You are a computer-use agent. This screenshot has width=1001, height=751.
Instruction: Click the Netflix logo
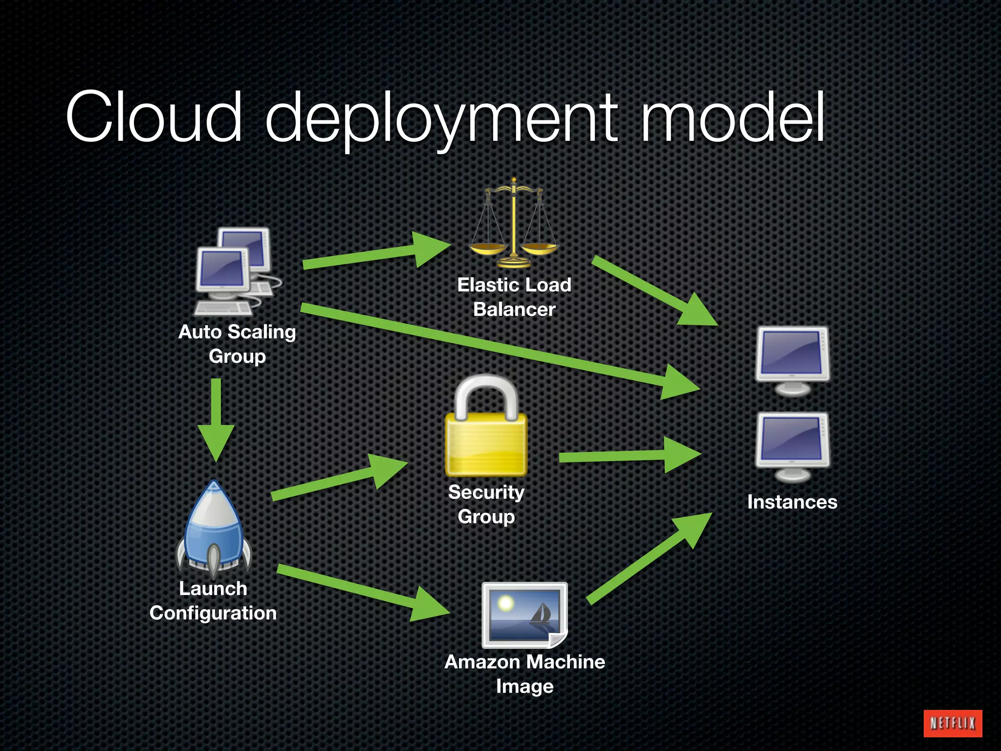[952, 723]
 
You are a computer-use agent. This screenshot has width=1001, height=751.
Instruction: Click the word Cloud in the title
[154, 117]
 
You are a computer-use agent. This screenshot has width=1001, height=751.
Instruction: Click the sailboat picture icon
[524, 615]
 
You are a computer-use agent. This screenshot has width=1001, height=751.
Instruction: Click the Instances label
[792, 502]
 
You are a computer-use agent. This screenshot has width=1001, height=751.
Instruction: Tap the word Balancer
[514, 309]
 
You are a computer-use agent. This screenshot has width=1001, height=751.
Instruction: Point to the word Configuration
[213, 613]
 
